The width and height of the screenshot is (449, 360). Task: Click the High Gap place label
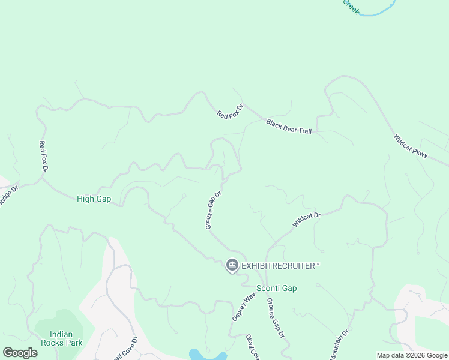pos(94,199)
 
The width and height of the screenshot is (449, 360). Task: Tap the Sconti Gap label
pos(276,288)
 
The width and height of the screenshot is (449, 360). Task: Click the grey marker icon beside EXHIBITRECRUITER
pos(232,265)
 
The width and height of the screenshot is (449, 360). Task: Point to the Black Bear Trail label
pos(289,127)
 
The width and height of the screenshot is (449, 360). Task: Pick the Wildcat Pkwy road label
pos(411,146)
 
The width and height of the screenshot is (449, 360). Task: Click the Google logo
pos(20,353)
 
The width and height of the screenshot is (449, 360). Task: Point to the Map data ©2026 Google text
pos(412,355)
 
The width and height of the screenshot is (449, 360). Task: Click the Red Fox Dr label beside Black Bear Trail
pos(230,112)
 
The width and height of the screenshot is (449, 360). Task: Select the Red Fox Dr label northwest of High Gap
pos(43,156)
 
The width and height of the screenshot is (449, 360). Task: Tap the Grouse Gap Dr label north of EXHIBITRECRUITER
pos(214,210)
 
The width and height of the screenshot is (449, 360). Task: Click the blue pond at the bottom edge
pos(207,355)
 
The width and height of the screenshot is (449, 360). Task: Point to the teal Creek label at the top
pos(351,7)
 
